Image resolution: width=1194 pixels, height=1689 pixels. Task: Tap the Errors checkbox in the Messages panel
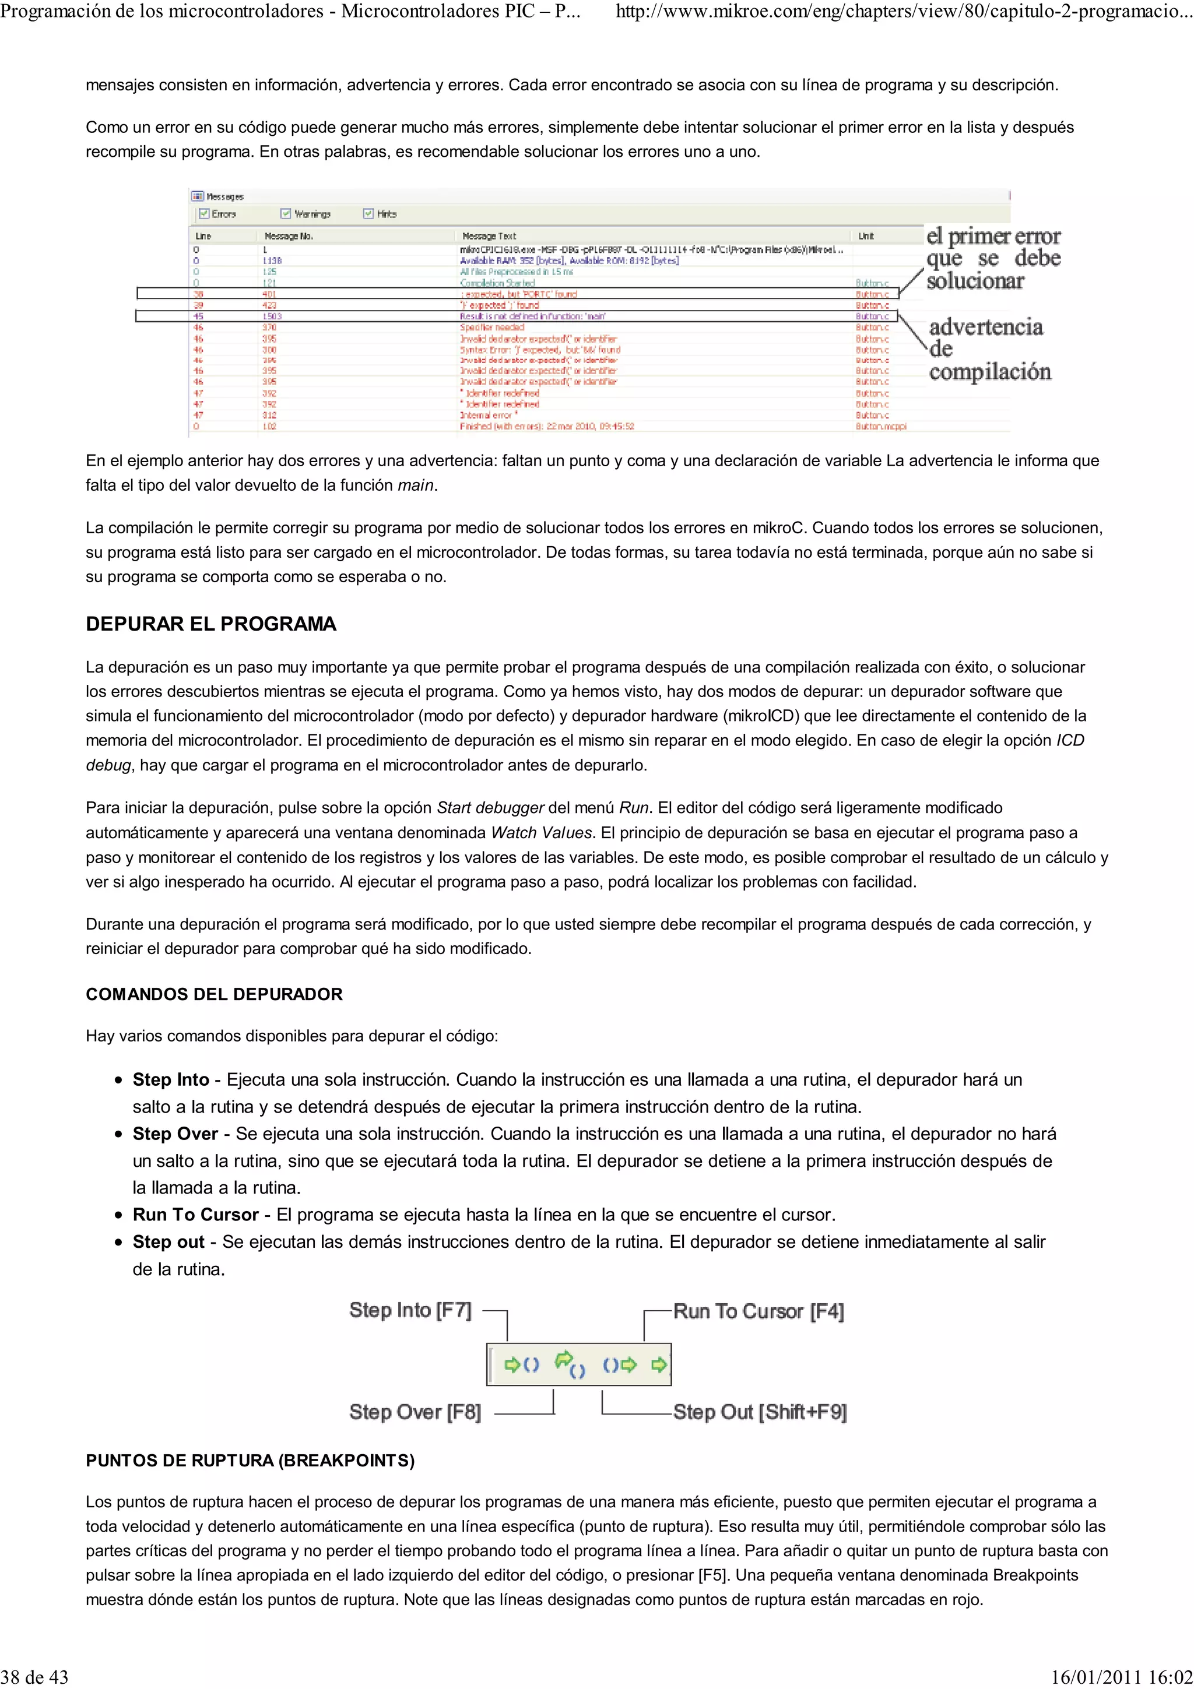(x=205, y=214)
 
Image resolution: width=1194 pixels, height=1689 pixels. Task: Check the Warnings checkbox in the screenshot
(x=286, y=214)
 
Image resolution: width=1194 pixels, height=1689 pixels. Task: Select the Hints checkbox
(x=368, y=214)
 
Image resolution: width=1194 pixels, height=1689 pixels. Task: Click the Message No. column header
(x=289, y=236)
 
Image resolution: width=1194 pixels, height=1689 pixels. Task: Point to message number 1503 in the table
(x=272, y=316)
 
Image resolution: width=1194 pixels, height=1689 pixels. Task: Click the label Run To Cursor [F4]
(x=758, y=1311)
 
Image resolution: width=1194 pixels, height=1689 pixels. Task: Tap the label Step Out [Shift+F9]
(x=759, y=1412)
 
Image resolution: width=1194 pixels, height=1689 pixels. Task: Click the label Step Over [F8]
(x=415, y=1412)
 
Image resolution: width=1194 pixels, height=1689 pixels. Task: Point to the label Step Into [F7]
(x=410, y=1310)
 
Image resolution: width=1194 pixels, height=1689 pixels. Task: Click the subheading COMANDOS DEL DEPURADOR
(x=214, y=994)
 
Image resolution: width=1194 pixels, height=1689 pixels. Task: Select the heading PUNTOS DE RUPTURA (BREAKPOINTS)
(x=250, y=1460)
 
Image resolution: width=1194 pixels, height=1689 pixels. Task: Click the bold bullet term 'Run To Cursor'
(x=195, y=1215)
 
